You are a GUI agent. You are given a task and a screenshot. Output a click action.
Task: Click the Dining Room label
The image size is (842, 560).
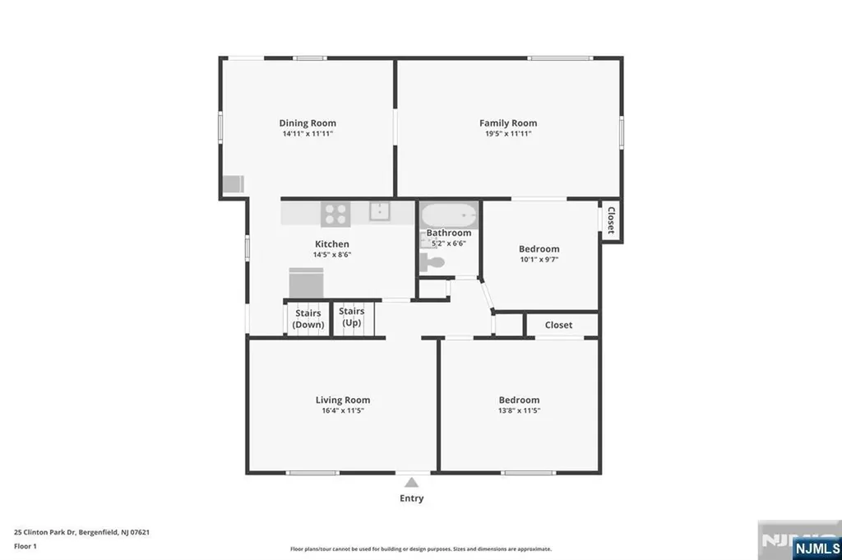(x=308, y=123)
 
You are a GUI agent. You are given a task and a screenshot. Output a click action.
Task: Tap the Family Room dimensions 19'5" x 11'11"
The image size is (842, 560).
(x=508, y=133)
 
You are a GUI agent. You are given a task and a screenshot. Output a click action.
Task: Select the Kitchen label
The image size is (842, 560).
(x=332, y=244)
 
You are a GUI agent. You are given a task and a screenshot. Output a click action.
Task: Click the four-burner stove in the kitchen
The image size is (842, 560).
(x=335, y=214)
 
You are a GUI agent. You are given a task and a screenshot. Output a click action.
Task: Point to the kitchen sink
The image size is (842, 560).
(x=380, y=212)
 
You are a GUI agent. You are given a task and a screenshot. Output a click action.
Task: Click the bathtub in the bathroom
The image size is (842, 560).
(x=449, y=215)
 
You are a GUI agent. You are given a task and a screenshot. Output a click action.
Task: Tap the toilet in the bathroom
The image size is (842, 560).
(x=432, y=263)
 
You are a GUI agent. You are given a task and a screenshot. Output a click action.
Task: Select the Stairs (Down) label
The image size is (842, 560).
(x=308, y=318)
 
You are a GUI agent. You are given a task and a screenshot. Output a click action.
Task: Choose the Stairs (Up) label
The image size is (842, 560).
(x=351, y=317)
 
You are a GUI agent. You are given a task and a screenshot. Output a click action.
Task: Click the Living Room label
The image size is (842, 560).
(x=343, y=400)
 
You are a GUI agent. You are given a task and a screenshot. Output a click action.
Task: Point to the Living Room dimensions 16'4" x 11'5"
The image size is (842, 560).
(x=343, y=410)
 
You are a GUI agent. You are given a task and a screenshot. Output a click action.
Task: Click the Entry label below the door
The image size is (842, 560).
(x=412, y=498)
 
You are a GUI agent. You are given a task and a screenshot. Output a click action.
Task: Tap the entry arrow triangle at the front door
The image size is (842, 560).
(x=412, y=482)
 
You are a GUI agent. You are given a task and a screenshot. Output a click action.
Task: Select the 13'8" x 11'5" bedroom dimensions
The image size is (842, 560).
(x=518, y=410)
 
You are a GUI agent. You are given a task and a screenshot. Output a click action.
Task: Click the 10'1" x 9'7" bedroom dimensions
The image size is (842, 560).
(x=539, y=259)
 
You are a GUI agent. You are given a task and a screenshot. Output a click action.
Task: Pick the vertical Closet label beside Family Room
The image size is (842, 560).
(x=611, y=220)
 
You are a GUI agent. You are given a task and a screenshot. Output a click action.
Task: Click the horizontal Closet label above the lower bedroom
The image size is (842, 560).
(x=558, y=325)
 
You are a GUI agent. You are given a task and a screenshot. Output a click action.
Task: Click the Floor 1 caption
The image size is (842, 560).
(x=24, y=545)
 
